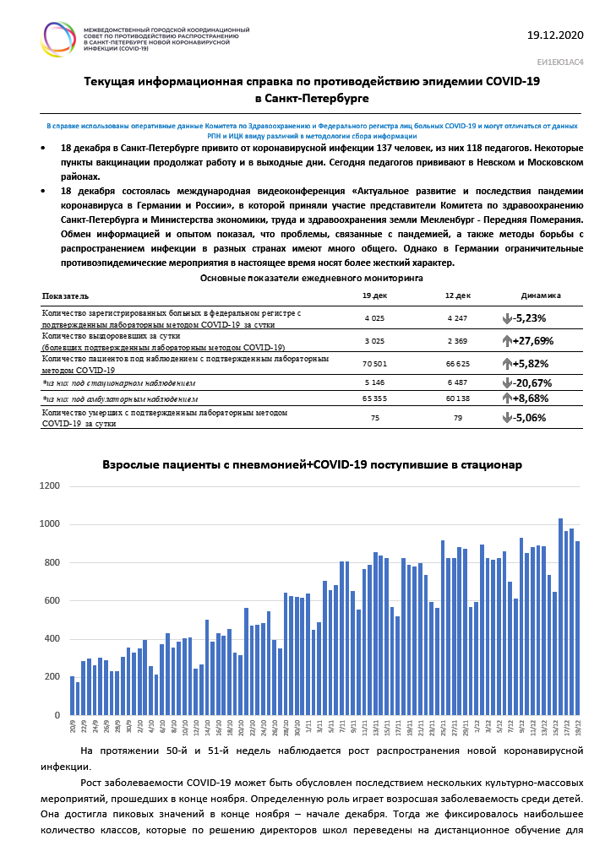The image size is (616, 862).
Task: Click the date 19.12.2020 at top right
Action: coord(554,35)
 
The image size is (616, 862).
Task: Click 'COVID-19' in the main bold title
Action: coord(512,82)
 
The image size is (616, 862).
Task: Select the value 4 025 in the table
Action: coord(374,318)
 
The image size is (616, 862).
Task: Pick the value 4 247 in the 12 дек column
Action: coord(458,318)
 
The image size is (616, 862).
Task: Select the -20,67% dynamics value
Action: coord(530,383)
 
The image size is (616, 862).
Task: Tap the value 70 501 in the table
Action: coord(374,364)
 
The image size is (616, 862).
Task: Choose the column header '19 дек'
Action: coord(374,296)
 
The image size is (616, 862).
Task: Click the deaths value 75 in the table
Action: coord(374,417)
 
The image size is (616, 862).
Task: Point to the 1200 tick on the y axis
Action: coord(50,486)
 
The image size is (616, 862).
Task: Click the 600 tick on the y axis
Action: coord(52,600)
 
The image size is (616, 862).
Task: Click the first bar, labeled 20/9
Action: coord(73,696)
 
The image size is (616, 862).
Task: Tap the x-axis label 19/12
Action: coord(578,725)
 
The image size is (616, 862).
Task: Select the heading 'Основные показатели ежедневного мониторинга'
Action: coord(312,277)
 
